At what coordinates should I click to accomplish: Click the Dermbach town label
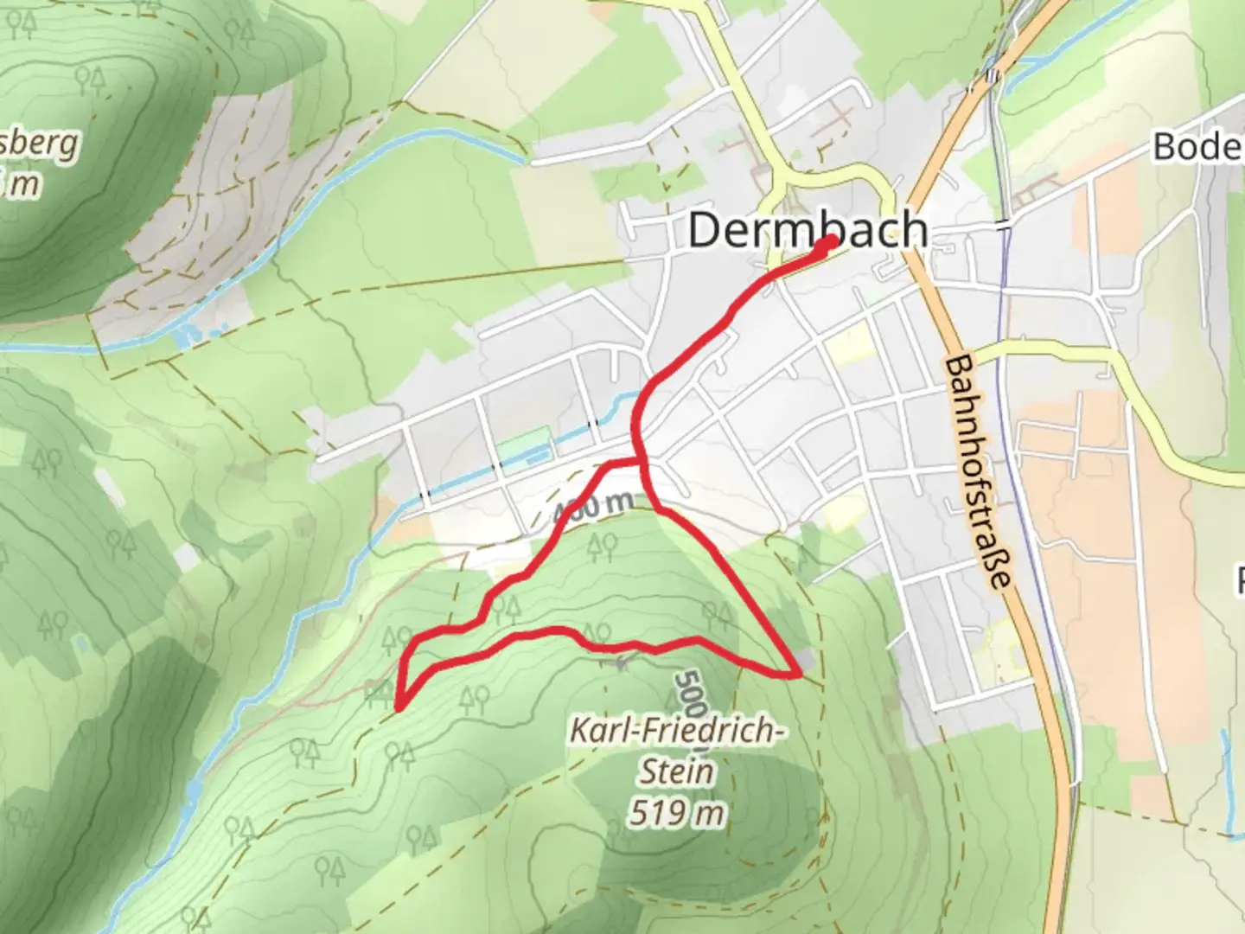(x=808, y=230)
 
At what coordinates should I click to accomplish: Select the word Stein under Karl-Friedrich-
(x=677, y=771)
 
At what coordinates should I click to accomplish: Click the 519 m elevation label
(x=677, y=813)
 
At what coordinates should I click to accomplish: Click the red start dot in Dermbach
(x=828, y=242)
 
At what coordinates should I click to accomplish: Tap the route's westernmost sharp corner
(x=399, y=707)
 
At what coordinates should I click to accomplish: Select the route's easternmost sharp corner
(x=795, y=672)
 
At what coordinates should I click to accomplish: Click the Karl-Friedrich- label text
(x=677, y=732)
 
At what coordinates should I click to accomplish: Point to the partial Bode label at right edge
(x=1198, y=147)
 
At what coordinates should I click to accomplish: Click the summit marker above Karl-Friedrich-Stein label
(x=621, y=663)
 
